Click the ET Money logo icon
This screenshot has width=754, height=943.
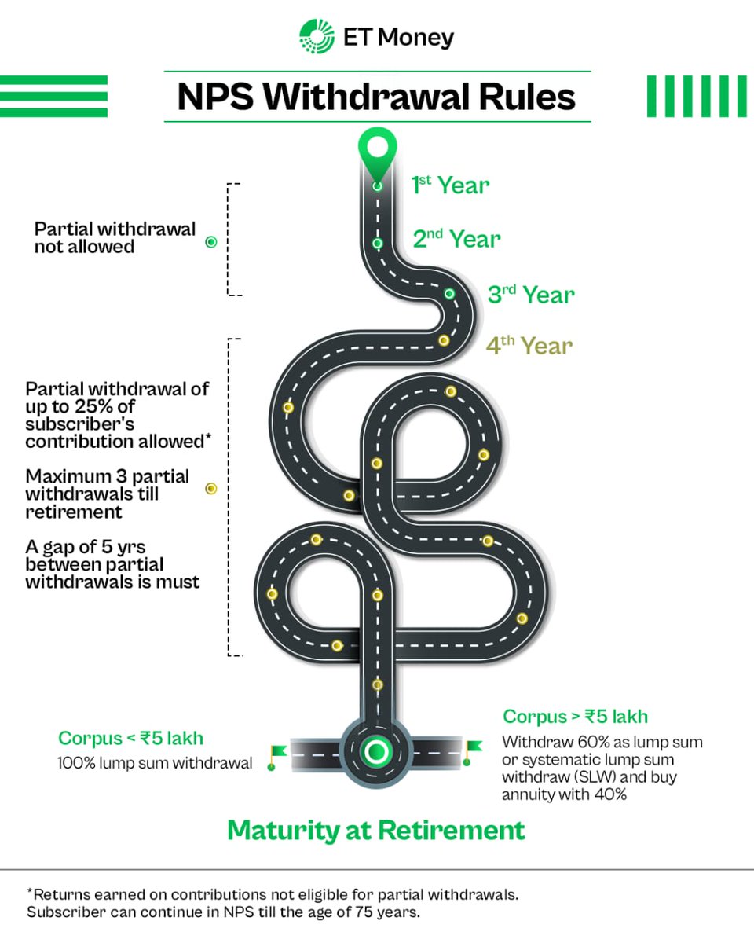(x=317, y=37)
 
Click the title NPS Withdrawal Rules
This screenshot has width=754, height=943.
(x=377, y=97)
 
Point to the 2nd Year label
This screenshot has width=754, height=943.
(x=456, y=239)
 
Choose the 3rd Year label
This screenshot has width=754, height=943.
(x=531, y=295)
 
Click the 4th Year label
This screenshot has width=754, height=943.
(x=529, y=346)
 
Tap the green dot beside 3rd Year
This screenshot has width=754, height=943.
(x=449, y=294)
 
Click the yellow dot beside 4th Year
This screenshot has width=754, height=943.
(x=444, y=340)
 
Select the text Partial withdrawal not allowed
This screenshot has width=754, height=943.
(x=115, y=238)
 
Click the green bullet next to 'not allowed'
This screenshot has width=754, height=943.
(x=210, y=242)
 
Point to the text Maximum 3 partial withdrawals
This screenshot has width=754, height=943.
(x=107, y=494)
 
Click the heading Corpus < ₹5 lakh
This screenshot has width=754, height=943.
(x=130, y=739)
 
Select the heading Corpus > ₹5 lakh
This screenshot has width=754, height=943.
(x=575, y=717)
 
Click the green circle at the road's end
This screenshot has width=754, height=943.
(x=376, y=751)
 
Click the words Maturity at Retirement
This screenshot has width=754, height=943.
(x=376, y=831)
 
